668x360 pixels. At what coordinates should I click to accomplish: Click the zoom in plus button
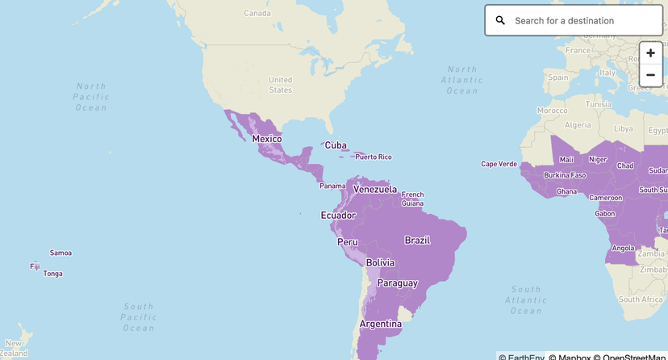tap(650, 53)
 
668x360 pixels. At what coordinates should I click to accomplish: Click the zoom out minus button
tap(650, 75)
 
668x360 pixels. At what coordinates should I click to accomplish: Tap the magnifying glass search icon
tap(500, 21)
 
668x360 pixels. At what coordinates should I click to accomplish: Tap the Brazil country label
tap(417, 241)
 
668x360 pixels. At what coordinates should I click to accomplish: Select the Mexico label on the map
tap(266, 139)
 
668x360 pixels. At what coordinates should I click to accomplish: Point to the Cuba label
tap(336, 146)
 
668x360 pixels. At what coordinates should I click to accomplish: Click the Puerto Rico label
tap(373, 157)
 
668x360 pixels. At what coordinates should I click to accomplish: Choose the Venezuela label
tap(375, 190)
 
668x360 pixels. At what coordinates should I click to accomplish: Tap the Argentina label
tap(380, 324)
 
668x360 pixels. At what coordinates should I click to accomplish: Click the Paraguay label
tap(397, 283)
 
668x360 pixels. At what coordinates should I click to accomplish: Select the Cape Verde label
tap(499, 164)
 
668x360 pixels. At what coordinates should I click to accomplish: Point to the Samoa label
tap(61, 253)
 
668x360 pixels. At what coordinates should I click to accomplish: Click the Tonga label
tap(52, 274)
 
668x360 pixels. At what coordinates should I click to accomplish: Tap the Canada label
tap(257, 13)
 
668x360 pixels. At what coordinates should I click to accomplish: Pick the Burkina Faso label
tap(565, 175)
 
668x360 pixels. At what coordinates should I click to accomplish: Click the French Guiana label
tap(412, 199)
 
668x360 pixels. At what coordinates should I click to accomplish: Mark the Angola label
tap(623, 248)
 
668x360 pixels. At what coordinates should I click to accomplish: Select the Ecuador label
tap(338, 216)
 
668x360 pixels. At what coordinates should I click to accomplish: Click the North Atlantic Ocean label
tap(461, 81)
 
